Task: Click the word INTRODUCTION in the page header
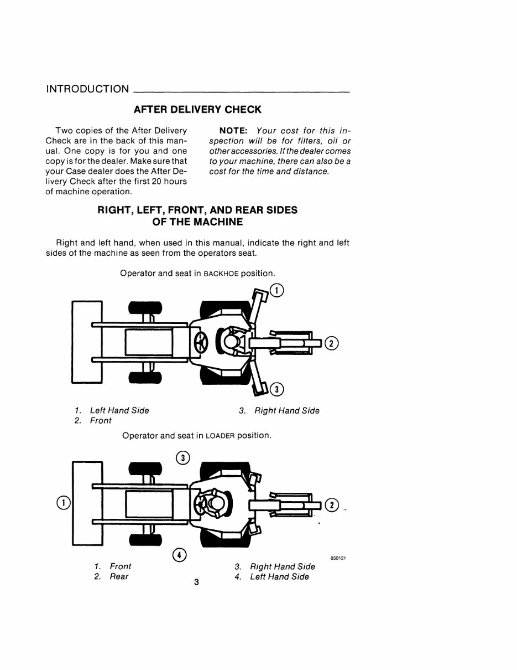coord(87,89)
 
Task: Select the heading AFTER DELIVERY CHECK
coord(197,110)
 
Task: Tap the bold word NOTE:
coord(236,131)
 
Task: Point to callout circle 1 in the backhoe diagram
coord(276,290)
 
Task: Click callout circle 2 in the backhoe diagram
coord(331,343)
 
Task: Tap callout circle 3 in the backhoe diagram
coord(277,389)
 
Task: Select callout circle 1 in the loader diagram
coord(64,503)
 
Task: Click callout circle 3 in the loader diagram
coord(183,458)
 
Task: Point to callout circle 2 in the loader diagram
coord(331,505)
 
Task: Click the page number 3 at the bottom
coord(197,582)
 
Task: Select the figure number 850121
coord(338,558)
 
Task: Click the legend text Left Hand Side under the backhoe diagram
coord(119,411)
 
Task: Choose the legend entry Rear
coord(119,577)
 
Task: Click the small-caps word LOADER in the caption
coord(220,436)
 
